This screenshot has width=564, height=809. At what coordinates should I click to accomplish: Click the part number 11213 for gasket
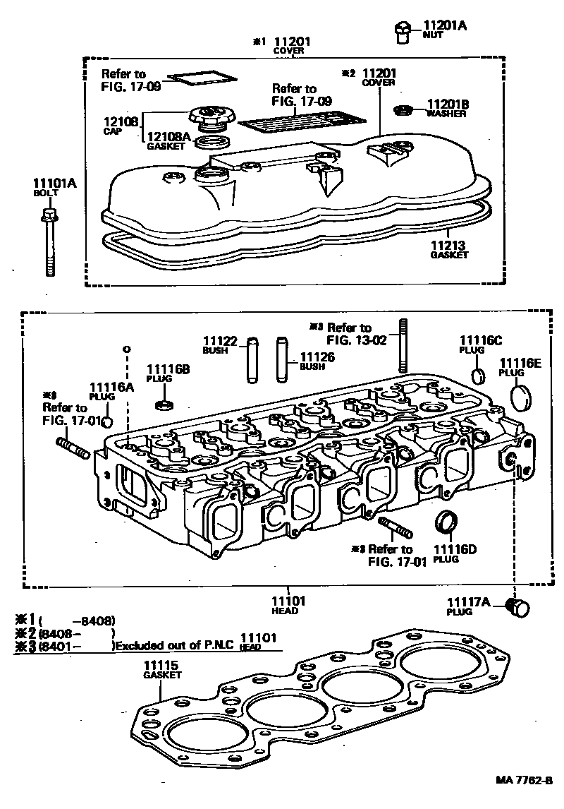(x=448, y=245)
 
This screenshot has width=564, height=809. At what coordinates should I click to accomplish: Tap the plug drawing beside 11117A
(x=518, y=607)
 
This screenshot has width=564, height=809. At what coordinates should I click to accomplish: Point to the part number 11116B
(x=168, y=369)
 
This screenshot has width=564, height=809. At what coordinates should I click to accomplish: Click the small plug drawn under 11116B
(x=164, y=405)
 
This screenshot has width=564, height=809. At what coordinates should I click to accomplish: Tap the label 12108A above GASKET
(x=168, y=137)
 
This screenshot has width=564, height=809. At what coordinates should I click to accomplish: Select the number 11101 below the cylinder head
(x=288, y=601)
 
